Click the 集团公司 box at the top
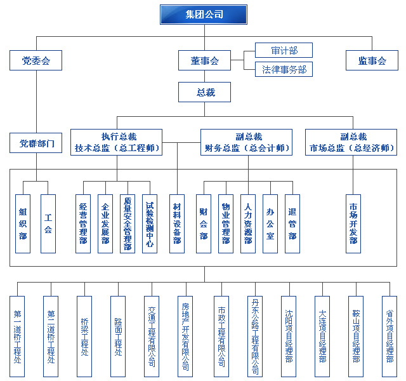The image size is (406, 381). [x=203, y=14]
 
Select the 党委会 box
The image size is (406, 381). [x=36, y=61]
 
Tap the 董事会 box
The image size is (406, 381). [x=204, y=61]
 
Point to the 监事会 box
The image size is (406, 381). [x=372, y=61]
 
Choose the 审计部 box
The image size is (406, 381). [x=284, y=50]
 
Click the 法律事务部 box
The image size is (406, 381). [x=284, y=69]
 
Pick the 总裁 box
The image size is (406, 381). [x=204, y=93]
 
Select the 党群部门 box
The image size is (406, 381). [x=36, y=143]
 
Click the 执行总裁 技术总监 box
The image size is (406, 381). [x=117, y=142]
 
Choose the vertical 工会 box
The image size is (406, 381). [x=48, y=224]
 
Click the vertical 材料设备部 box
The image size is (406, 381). [x=177, y=224]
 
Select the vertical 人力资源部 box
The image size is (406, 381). [x=248, y=224]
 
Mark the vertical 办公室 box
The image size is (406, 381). [x=270, y=224]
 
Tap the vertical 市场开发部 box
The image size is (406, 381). [x=353, y=224]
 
